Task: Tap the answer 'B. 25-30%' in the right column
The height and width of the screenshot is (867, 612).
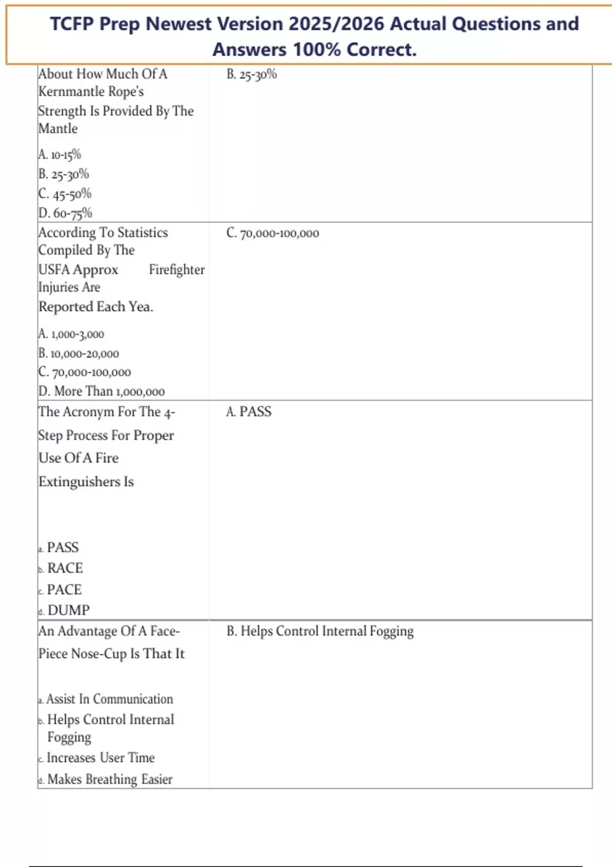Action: click(x=251, y=74)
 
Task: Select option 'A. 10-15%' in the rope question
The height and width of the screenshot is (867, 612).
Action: click(x=60, y=155)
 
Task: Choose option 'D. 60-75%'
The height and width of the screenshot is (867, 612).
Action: click(x=65, y=213)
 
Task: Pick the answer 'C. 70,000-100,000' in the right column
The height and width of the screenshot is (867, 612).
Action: click(x=273, y=234)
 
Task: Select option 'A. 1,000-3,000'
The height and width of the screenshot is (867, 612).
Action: click(x=71, y=334)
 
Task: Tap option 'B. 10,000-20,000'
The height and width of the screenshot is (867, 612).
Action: click(x=79, y=353)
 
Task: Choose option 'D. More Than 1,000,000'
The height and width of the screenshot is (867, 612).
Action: click(x=101, y=392)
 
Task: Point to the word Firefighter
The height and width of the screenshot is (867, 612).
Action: click(x=176, y=270)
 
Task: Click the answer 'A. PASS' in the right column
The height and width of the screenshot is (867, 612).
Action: click(x=249, y=412)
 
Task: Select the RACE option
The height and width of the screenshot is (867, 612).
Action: click(x=64, y=568)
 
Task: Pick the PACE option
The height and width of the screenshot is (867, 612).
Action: click(x=64, y=590)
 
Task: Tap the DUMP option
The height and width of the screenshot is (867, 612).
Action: click(x=68, y=610)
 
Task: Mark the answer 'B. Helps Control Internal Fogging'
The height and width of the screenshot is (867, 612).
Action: click(x=320, y=631)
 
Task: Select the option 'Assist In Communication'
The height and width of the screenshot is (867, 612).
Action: click(x=109, y=699)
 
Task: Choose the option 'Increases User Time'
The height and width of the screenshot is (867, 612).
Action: click(x=100, y=758)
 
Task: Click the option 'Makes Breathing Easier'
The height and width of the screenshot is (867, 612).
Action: click(x=110, y=780)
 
